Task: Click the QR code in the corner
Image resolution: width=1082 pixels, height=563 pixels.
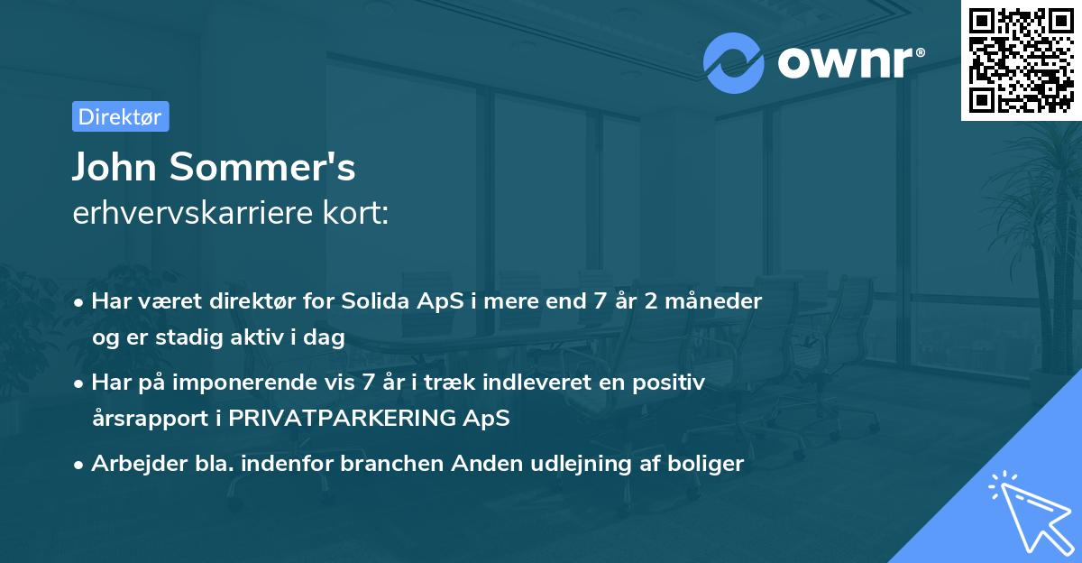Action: [1021, 60]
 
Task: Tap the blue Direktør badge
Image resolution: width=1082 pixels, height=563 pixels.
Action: [120, 116]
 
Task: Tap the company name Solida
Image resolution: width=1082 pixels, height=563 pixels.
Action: [377, 300]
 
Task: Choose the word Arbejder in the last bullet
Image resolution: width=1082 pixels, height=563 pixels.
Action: [133, 464]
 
